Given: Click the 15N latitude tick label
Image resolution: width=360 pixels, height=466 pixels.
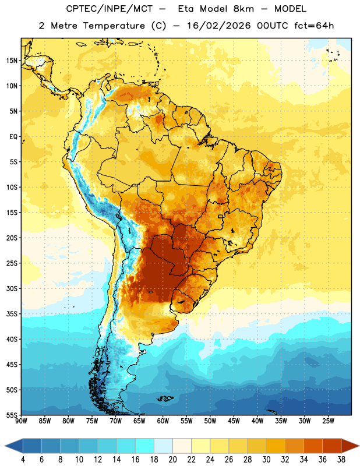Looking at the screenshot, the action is coord(12,61).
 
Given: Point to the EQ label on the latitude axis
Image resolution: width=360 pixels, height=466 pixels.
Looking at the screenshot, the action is coord(13,137).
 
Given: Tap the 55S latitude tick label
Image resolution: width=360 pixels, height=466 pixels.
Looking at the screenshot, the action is coord(12,415).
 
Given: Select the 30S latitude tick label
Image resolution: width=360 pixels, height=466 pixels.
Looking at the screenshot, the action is coord(12,288).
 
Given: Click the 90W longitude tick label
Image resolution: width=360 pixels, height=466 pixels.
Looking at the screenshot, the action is coord(22,421).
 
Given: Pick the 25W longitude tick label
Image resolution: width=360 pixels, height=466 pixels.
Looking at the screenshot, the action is coord(329,421).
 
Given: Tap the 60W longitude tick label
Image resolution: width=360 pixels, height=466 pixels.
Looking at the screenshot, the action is coord(163,421).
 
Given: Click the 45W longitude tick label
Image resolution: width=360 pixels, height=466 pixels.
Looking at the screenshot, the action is coord(234,421).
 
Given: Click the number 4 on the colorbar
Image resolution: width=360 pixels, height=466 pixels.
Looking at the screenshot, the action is coord(23,460).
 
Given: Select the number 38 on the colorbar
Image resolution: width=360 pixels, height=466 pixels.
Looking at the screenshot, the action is coord(341,460).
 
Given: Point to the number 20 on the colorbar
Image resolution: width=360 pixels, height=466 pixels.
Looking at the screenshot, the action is coord(172,460).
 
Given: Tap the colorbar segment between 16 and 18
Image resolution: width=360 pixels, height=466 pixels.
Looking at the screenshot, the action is coord(145,446).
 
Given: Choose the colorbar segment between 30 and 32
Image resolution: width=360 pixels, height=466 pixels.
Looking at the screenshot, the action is coord(276,446).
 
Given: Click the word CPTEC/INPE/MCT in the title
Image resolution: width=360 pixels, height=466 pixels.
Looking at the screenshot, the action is coord(110,9).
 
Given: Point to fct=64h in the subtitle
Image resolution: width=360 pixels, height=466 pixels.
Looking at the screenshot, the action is coord(314,26).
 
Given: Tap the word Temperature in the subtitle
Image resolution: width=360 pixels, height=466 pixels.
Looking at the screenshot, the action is coord(114,26).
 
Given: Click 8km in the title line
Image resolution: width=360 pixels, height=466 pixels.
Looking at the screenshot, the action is coord(243,9).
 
